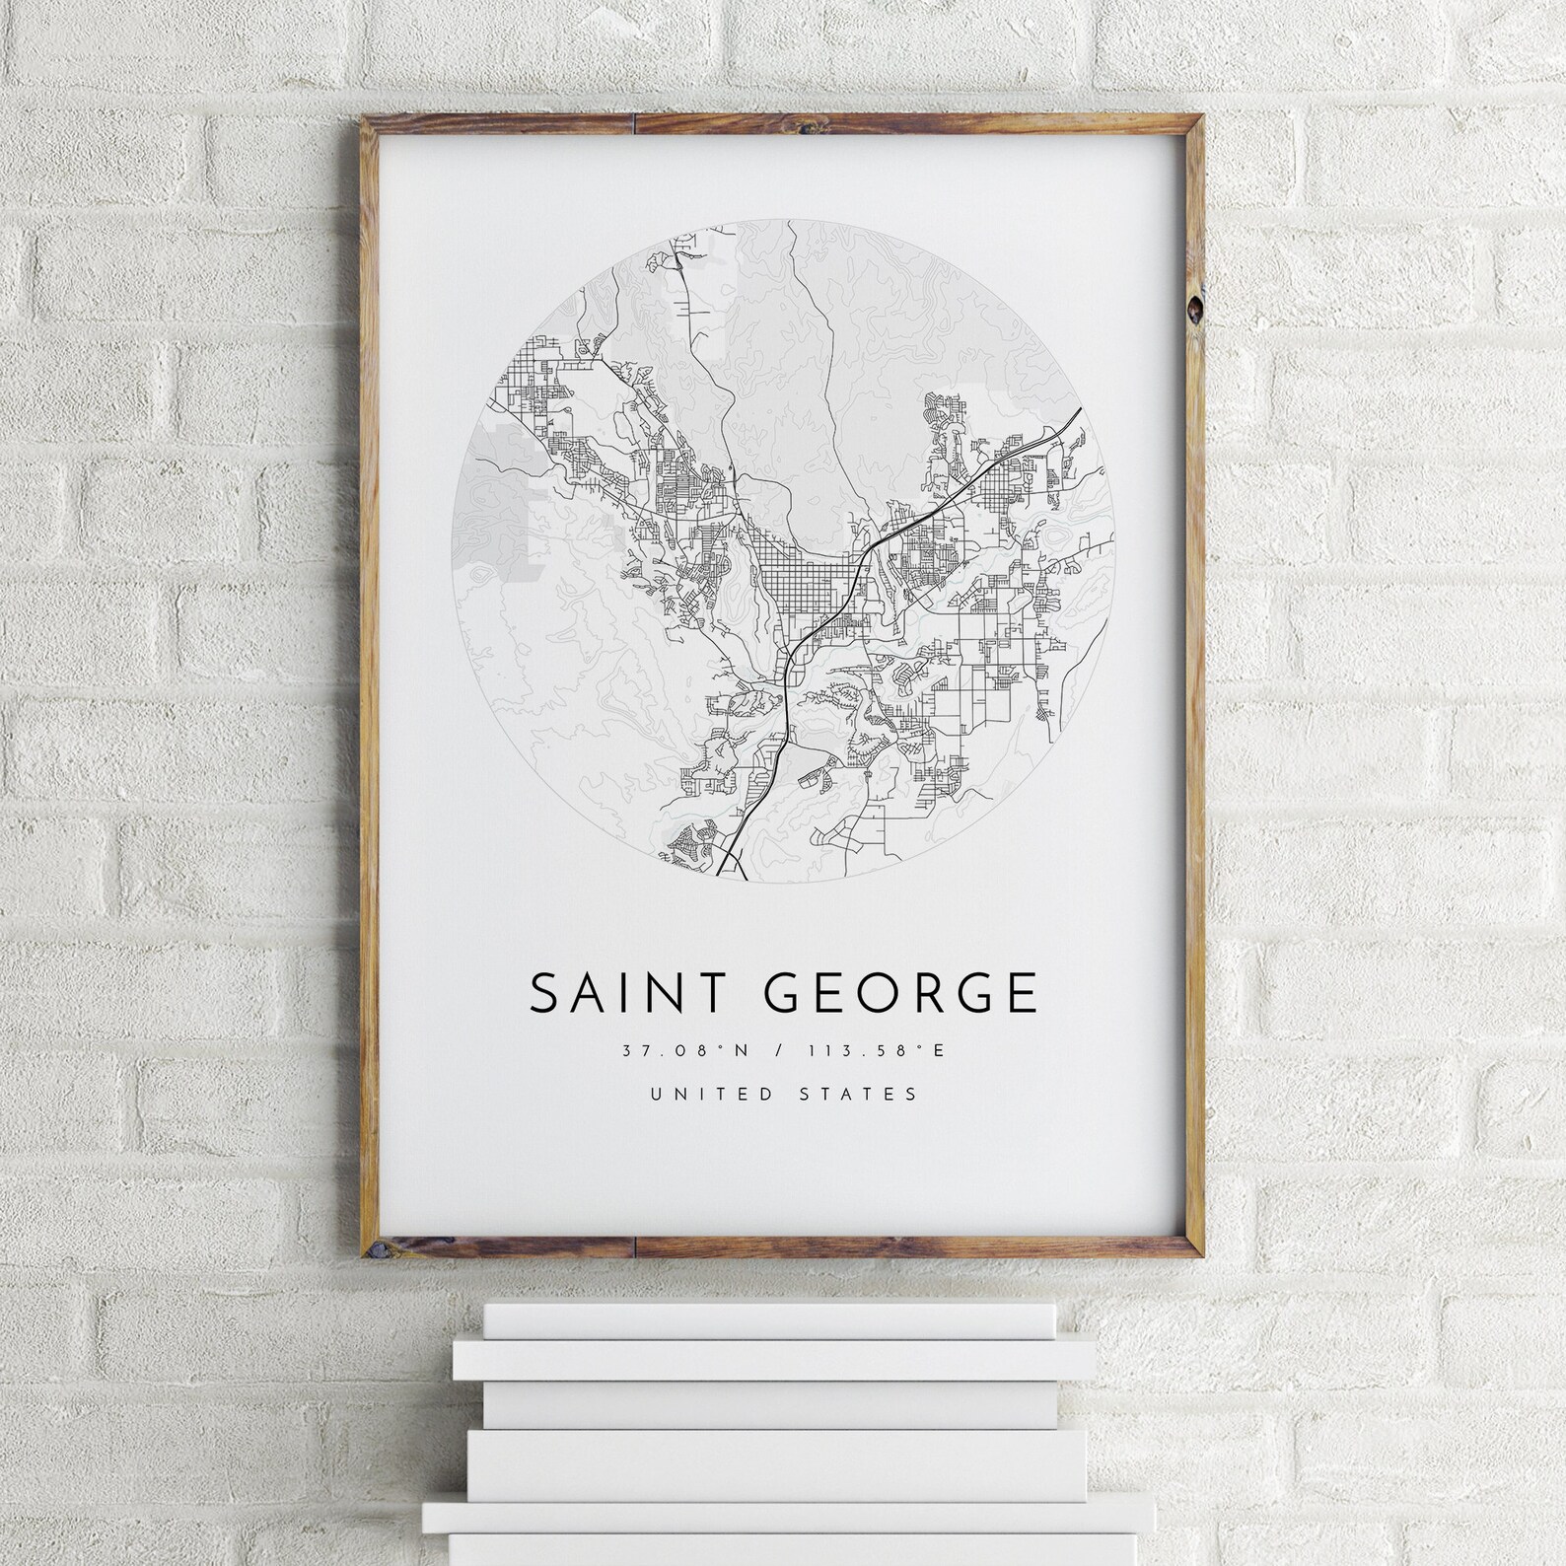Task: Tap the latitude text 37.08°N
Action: (686, 1051)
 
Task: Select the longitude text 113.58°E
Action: (877, 1051)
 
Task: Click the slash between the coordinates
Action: (781, 1051)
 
